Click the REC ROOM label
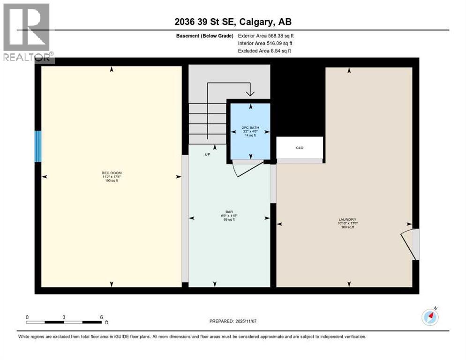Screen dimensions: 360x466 coord(112,173)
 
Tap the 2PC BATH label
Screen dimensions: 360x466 coord(250,127)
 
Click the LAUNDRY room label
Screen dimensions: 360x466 coord(348,219)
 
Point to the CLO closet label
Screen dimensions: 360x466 coord(300,148)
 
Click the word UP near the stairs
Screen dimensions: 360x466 coord(207,154)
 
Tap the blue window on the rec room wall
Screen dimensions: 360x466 coord(38,146)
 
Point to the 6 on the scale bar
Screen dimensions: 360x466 coord(101,317)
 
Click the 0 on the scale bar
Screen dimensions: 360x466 coord(27,317)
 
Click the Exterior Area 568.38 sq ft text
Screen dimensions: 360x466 coord(266,36)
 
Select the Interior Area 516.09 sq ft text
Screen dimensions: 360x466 coord(265,43)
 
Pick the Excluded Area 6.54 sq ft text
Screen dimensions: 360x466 coord(264,51)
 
